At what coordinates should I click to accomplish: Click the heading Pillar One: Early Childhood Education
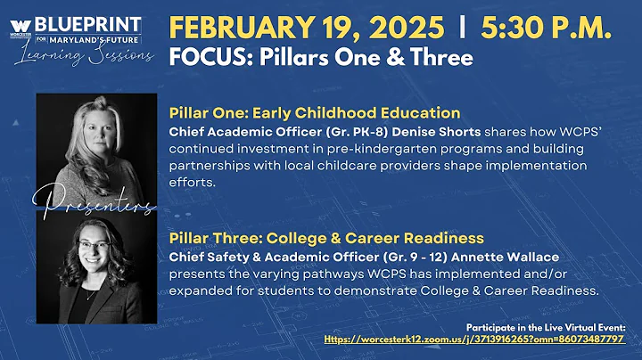tap(314, 113)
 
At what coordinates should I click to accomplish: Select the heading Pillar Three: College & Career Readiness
tap(325, 239)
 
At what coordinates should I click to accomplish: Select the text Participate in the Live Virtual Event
tap(546, 326)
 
